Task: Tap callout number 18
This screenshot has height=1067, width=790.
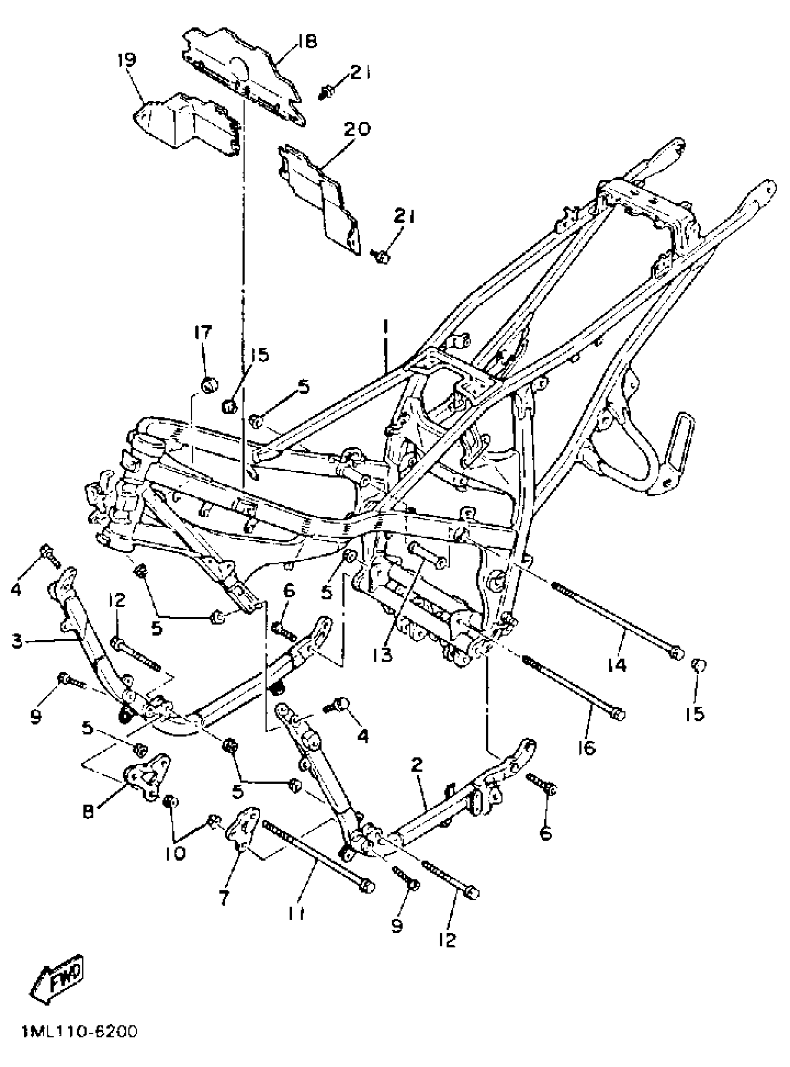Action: (307, 42)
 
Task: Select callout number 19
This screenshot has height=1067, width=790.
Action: (127, 60)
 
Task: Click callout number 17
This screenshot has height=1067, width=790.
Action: (203, 332)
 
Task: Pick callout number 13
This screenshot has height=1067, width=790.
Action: (382, 655)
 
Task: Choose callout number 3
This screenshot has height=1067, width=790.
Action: (18, 641)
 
